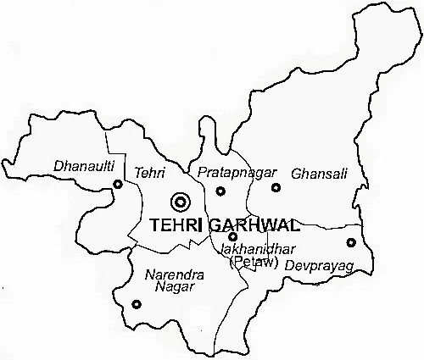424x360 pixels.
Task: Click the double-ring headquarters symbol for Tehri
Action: click(179, 202)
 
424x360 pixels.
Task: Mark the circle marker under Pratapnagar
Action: click(220, 192)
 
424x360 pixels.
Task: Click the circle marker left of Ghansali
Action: click(275, 187)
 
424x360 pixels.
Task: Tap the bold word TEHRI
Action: click(176, 226)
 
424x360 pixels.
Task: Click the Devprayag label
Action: click(317, 266)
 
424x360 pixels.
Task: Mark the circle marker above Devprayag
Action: click(350, 243)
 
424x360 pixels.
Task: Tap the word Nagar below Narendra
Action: click(173, 287)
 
